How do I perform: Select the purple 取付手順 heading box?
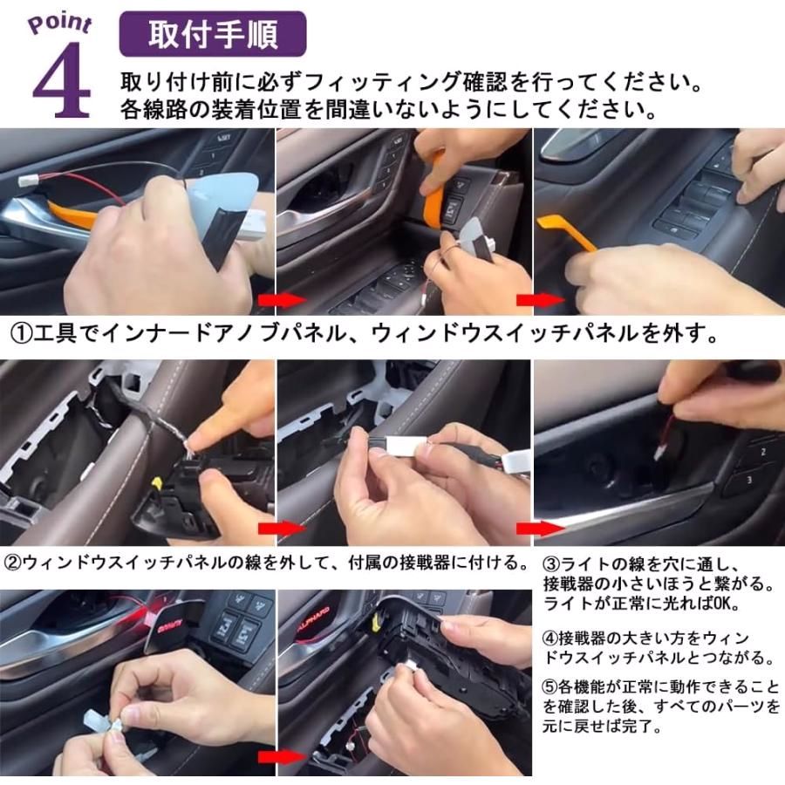pos(212,34)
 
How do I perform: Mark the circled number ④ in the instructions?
pos(552,638)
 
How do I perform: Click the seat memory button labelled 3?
pos(748,481)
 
